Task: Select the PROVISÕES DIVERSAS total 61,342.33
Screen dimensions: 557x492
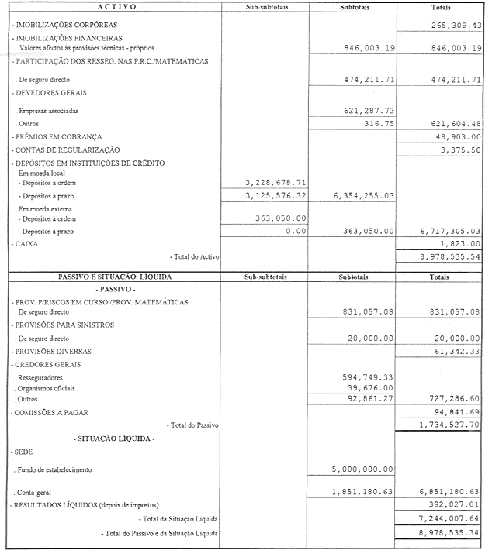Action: (x=456, y=352)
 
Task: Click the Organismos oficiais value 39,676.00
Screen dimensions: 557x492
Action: (x=369, y=388)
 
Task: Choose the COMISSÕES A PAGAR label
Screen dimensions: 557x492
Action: (x=55, y=413)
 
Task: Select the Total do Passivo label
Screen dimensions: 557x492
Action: (x=193, y=425)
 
